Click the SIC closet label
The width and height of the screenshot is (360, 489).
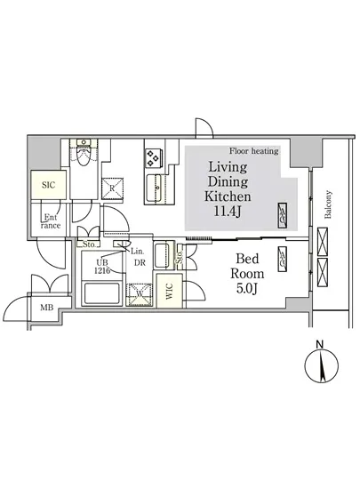48,185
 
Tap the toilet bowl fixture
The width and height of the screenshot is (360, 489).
84,155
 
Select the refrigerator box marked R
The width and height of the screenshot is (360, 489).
112,188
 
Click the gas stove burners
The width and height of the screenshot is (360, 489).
153,157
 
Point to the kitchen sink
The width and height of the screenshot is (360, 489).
155,188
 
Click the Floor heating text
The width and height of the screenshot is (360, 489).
253,151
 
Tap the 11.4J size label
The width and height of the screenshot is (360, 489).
228,212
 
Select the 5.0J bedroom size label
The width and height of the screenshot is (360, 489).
247,288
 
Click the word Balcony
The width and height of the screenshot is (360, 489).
328,204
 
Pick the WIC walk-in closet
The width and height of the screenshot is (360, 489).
169,291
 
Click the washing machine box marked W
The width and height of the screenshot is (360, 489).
139,294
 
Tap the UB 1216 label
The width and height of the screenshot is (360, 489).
102,267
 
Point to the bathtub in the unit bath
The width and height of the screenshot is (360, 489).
101,293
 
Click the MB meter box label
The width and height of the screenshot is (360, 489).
46,308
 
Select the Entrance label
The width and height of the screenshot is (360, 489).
50,221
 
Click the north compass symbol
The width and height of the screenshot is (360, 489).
322,366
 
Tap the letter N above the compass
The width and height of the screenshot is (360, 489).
319,345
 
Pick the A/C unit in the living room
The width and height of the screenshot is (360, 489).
282,215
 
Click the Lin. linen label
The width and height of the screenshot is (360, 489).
137,251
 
